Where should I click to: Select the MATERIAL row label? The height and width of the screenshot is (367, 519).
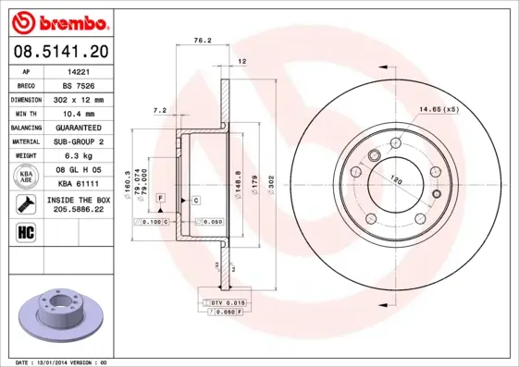[25, 141]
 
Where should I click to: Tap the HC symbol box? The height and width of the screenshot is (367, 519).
[26, 231]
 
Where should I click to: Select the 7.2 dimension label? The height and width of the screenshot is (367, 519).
[158, 110]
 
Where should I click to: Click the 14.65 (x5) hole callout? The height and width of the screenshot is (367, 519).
[438, 110]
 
